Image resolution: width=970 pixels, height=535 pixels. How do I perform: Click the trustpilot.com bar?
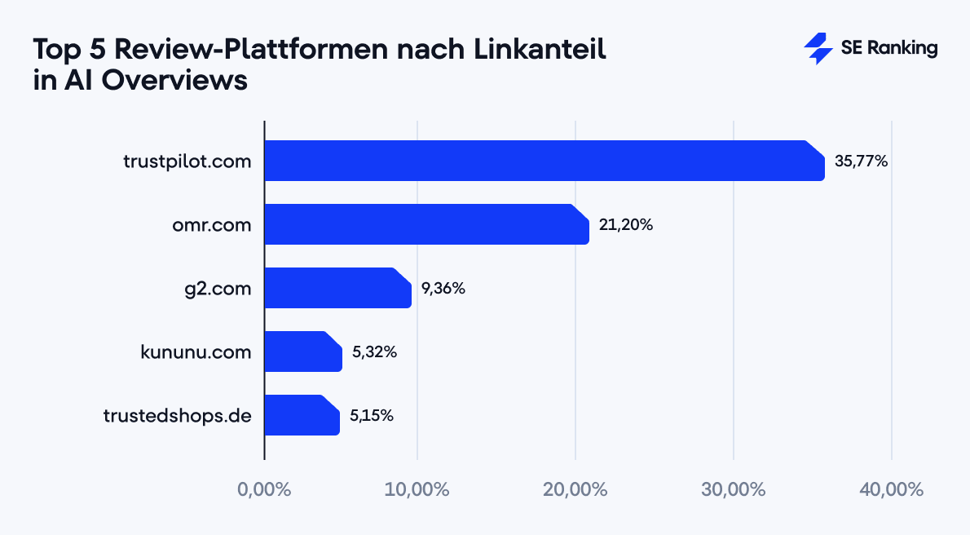[x=545, y=161]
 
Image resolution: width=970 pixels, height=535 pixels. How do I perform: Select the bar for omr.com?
[x=426, y=224]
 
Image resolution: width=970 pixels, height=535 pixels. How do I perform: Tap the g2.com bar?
[x=337, y=288]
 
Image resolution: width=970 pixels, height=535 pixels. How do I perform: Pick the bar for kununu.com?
[x=303, y=352]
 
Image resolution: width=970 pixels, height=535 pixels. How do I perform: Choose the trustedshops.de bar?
[x=302, y=415]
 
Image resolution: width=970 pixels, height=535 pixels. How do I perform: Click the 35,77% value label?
[x=861, y=161]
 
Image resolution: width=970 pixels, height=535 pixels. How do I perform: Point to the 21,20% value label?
[x=626, y=224]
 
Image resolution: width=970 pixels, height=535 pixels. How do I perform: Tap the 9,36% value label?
[x=443, y=288]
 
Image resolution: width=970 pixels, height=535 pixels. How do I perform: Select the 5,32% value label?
[x=374, y=352]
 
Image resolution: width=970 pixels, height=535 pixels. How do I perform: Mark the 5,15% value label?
[x=372, y=415]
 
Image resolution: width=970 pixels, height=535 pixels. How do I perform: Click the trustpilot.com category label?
[x=187, y=161]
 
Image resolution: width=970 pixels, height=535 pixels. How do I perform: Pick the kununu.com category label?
[x=196, y=352]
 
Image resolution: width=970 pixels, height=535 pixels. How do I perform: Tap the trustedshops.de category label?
[x=177, y=415]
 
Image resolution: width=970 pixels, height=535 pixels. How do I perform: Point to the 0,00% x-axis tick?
[x=264, y=490]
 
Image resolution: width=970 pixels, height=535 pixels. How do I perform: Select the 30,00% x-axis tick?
[x=734, y=490]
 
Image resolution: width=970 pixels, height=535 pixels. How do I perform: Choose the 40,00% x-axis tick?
[x=891, y=490]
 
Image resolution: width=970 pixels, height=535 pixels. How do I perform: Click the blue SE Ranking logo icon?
[x=818, y=49]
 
